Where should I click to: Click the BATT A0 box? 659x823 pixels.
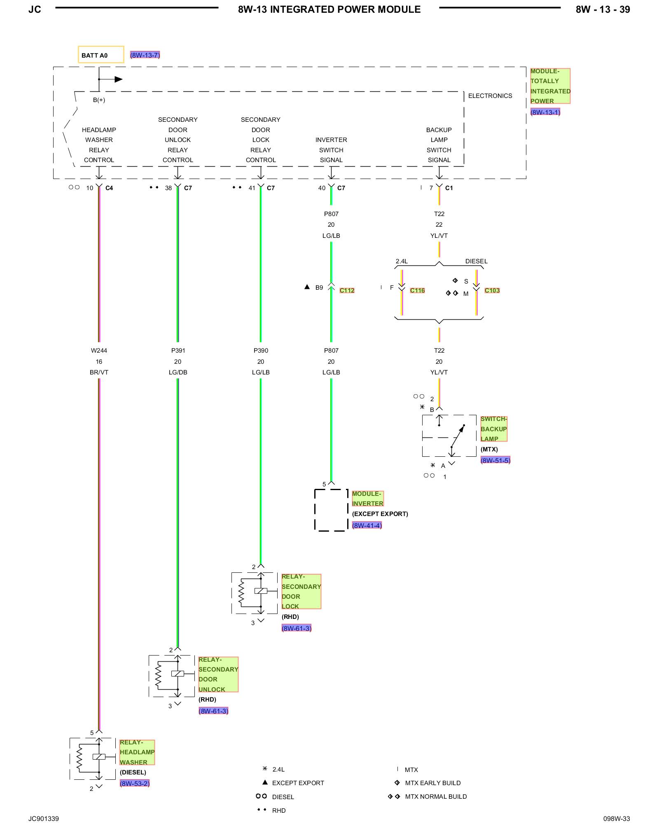pyautogui.click(x=101, y=55)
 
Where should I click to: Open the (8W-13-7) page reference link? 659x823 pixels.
pyautogui.click(x=145, y=55)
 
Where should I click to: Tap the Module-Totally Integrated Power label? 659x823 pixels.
pyautogui.click(x=550, y=86)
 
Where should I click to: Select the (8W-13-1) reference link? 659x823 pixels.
pyautogui.click(x=545, y=112)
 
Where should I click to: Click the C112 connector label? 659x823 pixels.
pyautogui.click(x=347, y=291)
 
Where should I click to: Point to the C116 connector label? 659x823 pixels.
pyautogui.click(x=417, y=291)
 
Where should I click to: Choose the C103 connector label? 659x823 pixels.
pyautogui.click(x=492, y=291)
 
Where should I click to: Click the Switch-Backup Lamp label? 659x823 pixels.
pyautogui.click(x=494, y=429)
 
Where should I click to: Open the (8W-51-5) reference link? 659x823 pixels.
pyautogui.click(x=495, y=460)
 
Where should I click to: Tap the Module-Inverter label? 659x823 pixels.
pyautogui.click(x=368, y=499)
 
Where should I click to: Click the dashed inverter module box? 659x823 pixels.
pyautogui.click(x=315, y=510)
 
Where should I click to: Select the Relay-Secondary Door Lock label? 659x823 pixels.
pyautogui.click(x=301, y=591)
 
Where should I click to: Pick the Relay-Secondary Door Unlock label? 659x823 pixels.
pyautogui.click(x=218, y=674)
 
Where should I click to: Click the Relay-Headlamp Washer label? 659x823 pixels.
pyautogui.click(x=137, y=752)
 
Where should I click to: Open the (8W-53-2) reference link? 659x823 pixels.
pyautogui.click(x=135, y=783)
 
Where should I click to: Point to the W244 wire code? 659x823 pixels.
pyautogui.click(x=99, y=351)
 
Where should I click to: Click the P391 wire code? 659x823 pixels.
pyautogui.click(x=178, y=351)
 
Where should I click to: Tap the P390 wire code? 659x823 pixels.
pyautogui.click(x=261, y=351)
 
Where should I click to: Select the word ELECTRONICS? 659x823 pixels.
pyautogui.click(x=490, y=96)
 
